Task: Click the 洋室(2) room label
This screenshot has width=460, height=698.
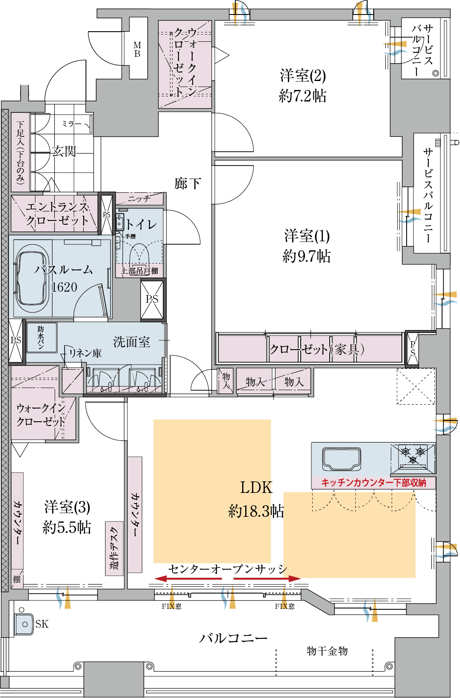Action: pyautogui.click(x=303, y=76)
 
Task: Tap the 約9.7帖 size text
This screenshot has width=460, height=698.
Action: pyautogui.click(x=306, y=256)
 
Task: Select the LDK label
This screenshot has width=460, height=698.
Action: pyautogui.click(x=256, y=487)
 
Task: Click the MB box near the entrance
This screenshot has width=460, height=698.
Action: pyautogui.click(x=138, y=49)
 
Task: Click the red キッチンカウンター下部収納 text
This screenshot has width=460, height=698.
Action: pyautogui.click(x=373, y=483)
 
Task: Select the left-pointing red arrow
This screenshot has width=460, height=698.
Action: pyautogui.click(x=188, y=579)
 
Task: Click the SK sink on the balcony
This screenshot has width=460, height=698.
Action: pyautogui.click(x=24, y=624)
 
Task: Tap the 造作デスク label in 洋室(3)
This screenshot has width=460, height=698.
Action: pyautogui.click(x=114, y=548)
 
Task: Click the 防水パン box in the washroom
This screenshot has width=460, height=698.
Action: pyautogui.click(x=41, y=337)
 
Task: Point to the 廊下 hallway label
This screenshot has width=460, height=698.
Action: pyautogui.click(x=187, y=184)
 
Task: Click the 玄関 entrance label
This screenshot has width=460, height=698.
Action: pyautogui.click(x=64, y=151)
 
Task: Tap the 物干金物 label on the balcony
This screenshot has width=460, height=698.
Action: pyautogui.click(x=327, y=651)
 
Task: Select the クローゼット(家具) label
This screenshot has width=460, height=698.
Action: pyautogui.click(x=316, y=349)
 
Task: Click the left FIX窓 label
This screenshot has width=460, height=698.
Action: pyautogui.click(x=171, y=606)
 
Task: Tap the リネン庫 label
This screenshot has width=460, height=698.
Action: pyautogui.click(x=85, y=353)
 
